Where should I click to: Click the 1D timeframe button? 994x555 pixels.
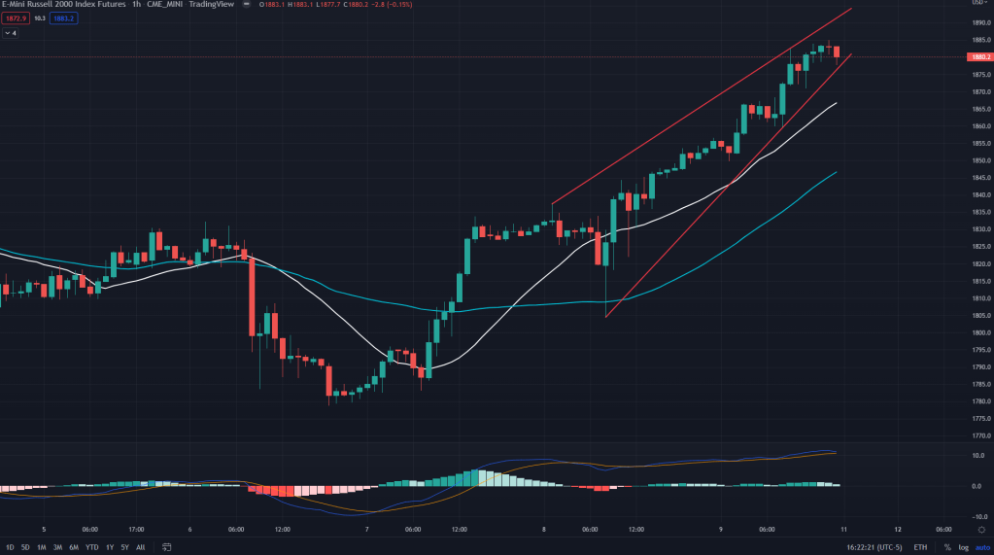(10, 547)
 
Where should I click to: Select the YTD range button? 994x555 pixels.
(90, 547)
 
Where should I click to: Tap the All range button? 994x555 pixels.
(140, 547)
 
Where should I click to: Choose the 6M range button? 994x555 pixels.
(73, 547)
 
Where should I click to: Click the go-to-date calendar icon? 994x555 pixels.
(167, 547)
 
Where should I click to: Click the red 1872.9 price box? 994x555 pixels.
(15, 17)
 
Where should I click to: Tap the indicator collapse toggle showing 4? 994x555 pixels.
(11, 33)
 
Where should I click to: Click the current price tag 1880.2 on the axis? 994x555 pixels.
(979, 57)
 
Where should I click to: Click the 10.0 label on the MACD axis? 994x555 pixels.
(977, 455)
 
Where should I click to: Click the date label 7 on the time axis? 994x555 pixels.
(367, 530)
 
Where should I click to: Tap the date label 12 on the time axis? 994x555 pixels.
(898, 530)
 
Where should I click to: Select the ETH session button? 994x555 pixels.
(920, 547)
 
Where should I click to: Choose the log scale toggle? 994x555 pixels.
(962, 547)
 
